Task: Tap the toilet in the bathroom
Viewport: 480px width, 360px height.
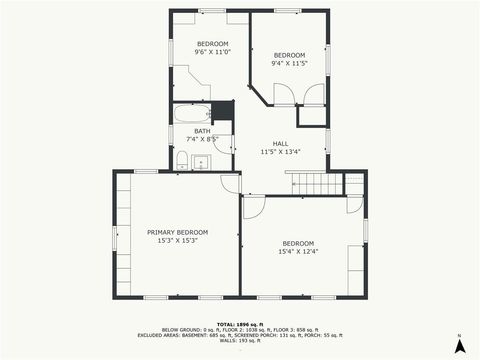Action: click(x=182, y=160)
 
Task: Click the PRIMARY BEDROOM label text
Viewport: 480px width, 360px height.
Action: click(x=177, y=232)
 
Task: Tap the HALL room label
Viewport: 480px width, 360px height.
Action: click(x=280, y=144)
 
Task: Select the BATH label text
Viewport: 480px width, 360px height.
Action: click(x=202, y=131)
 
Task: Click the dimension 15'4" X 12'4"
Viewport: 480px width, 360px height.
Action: click(x=297, y=251)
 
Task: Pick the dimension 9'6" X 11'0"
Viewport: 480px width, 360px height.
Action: click(x=212, y=51)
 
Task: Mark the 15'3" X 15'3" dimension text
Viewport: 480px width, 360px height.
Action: click(x=177, y=240)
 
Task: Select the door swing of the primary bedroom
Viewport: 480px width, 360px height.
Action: click(x=231, y=183)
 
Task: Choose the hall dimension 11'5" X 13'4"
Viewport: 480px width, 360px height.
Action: click(x=280, y=152)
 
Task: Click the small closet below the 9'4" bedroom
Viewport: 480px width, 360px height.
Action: click(x=312, y=116)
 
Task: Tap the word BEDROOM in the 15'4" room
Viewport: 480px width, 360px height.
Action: click(x=297, y=243)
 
